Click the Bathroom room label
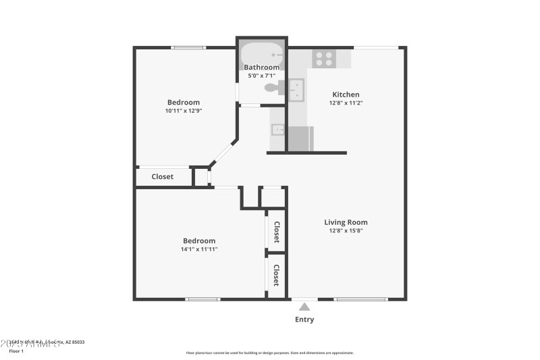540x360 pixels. coord(261,67)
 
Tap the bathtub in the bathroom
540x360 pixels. coord(262,53)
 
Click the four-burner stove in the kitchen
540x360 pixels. coord(324,59)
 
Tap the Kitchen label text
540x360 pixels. coord(346,95)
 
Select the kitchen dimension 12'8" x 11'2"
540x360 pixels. coord(346,103)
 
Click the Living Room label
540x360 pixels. coord(346,222)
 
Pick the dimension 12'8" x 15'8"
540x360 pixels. coord(346,231)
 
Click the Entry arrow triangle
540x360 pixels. coord(304,307)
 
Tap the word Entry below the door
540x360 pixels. coord(304,319)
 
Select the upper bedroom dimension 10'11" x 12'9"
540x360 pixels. coord(184,111)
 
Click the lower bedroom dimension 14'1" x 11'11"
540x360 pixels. coord(199,249)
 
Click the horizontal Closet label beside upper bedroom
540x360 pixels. coord(162,177)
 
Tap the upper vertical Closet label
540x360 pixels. coord(276,232)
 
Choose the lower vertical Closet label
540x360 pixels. coord(276,275)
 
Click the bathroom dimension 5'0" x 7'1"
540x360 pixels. coord(261,76)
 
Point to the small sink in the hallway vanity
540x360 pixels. coord(277,129)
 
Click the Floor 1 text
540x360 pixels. coord(16,351)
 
